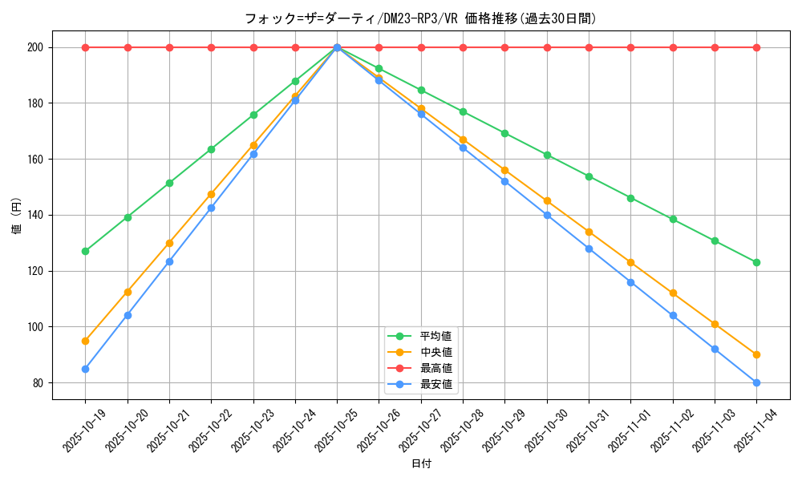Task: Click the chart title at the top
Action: click(421, 18)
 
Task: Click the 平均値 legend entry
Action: click(435, 336)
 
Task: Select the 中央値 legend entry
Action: click(435, 352)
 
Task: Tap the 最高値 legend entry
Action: click(435, 368)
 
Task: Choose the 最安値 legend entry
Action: click(435, 384)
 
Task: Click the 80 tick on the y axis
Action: click(37, 382)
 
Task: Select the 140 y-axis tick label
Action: click(34, 215)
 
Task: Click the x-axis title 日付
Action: click(421, 464)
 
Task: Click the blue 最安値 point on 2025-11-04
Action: click(756, 382)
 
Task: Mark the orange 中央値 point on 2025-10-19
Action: click(85, 341)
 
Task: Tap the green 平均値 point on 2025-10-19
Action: click(85, 251)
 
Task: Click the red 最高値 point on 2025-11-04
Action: click(756, 47)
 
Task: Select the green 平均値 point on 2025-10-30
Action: click(547, 155)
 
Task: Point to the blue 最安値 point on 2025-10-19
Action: click(85, 369)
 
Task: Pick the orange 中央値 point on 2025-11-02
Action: click(673, 293)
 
